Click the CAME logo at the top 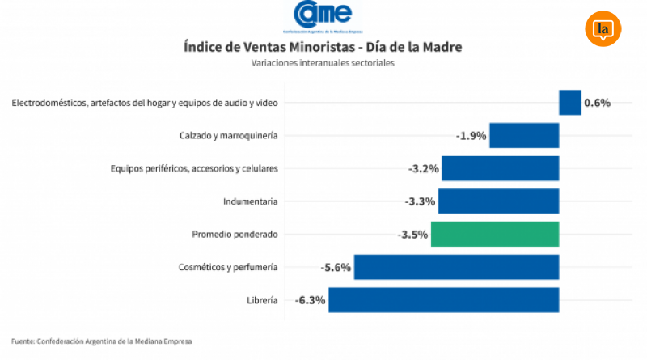coord(323,15)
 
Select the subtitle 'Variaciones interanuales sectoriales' coord(323,63)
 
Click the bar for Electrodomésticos coord(569,103)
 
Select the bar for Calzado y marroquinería coord(524,135)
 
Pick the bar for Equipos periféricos coord(500,168)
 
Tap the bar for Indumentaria coord(498,201)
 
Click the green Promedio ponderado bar coord(495,234)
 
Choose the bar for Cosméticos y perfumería coord(456,267)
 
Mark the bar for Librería coord(443,299)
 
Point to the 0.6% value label coord(597,103)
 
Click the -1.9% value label coord(471,135)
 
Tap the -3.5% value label coord(412,234)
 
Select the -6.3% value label coord(310,299)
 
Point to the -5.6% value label coord(336,267)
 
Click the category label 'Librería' coord(262,300)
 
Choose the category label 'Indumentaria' coord(251,201)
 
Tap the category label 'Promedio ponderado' coord(235,234)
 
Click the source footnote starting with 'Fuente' coord(102,341)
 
